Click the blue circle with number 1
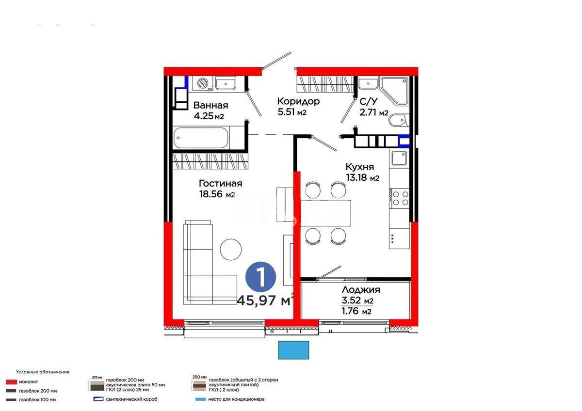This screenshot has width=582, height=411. point(260,277)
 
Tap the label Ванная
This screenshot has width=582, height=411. point(210,105)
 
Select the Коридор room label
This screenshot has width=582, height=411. point(298,101)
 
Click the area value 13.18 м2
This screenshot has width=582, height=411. point(362,177)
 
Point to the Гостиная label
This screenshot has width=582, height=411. point(220,184)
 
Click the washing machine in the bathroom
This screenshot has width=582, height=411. point(202,83)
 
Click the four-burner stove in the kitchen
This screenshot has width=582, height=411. point(400,198)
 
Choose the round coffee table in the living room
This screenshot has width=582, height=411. point(231,249)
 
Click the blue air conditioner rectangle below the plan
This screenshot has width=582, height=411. point(293,350)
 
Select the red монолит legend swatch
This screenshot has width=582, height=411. point(11,381)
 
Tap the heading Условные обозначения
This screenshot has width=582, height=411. point(42,372)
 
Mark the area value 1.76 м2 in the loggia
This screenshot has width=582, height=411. point(356,312)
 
